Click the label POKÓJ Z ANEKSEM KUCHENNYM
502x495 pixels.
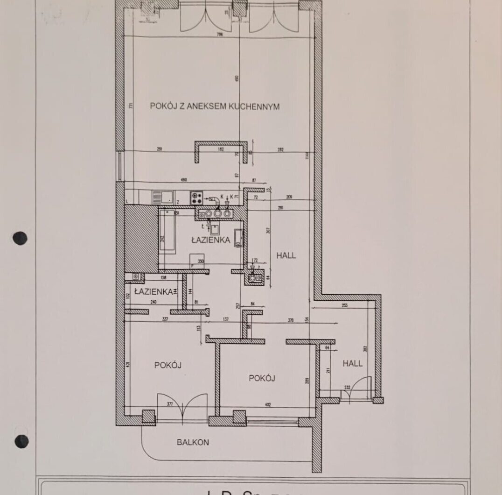click(215, 106)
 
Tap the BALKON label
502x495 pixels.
click(193, 442)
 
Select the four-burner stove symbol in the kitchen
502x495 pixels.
click(196, 197)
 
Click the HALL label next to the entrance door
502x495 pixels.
click(352, 363)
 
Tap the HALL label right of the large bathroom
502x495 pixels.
click(286, 255)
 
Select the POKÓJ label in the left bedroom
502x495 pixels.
click(167, 365)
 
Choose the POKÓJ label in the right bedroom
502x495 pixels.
click(262, 378)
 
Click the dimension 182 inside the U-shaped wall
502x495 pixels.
click(221, 150)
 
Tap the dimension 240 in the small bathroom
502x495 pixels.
click(153, 302)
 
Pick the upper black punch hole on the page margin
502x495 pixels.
click(20, 239)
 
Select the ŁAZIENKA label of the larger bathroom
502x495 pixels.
click(211, 240)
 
